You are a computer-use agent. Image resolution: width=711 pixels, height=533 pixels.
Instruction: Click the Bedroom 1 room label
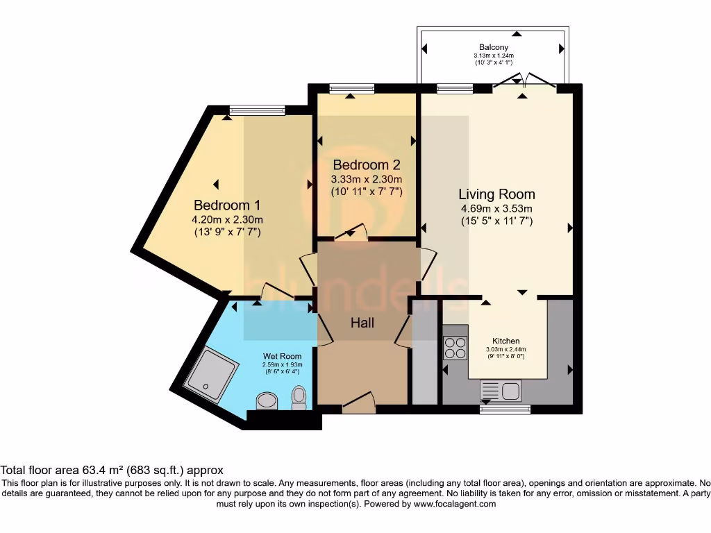click(x=227, y=205)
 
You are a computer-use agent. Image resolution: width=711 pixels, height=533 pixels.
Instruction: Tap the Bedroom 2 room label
click(x=366, y=165)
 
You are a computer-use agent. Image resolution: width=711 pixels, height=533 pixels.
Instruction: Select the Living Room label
click(x=496, y=194)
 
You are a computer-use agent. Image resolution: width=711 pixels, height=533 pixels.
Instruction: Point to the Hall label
click(x=362, y=323)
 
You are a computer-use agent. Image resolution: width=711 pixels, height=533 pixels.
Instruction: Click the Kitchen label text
click(x=506, y=341)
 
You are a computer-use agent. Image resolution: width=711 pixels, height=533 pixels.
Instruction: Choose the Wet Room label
click(x=282, y=356)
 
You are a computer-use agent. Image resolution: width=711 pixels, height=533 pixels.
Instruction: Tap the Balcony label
click(x=493, y=47)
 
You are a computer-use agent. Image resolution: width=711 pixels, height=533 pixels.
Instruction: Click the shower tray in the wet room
click(x=211, y=375)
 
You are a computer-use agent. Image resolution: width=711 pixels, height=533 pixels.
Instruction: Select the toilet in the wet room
click(x=299, y=398)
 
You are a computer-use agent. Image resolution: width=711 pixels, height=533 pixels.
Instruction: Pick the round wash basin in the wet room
click(x=267, y=400)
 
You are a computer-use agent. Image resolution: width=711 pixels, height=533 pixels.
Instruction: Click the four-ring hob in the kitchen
click(x=455, y=347)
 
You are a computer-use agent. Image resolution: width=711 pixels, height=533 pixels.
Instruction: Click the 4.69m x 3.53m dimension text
click(x=496, y=208)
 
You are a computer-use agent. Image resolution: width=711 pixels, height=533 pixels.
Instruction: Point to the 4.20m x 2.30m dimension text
click(x=227, y=220)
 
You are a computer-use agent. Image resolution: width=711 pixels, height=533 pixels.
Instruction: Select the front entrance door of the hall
click(x=359, y=403)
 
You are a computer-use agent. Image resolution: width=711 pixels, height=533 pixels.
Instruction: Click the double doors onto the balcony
click(x=525, y=81)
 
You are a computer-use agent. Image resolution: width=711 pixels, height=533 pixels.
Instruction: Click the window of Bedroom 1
click(x=257, y=110)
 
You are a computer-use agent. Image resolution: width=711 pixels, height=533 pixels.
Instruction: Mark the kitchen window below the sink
click(x=505, y=409)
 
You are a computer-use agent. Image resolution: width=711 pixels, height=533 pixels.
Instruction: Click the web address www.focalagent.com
click(x=455, y=505)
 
